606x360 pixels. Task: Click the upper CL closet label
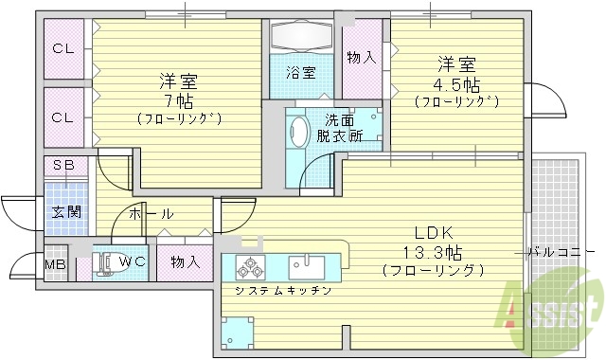(63, 49)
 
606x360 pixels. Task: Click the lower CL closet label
(63, 117)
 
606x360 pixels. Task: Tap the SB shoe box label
(63, 166)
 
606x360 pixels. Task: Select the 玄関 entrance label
(65, 211)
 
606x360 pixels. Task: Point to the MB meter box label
(57, 263)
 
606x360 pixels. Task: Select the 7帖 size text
(178, 99)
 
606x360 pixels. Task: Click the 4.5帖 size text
(456, 81)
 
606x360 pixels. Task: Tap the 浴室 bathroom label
(302, 71)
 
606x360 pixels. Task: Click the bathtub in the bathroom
(301, 37)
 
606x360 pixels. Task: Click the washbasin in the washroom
(299, 132)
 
